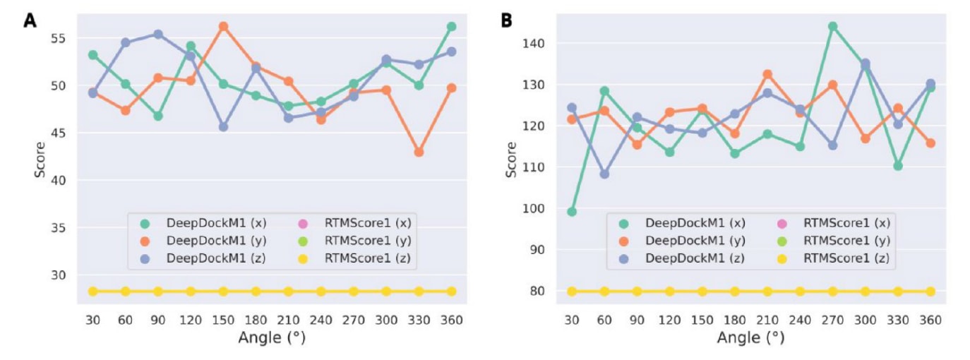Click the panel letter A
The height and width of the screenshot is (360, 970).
[x=30, y=20]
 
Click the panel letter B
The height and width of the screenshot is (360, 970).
[x=507, y=20]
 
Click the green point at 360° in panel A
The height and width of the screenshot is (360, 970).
[x=451, y=26]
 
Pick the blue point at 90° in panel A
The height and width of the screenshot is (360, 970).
[x=158, y=34]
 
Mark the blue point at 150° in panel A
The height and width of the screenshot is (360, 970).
[x=223, y=126]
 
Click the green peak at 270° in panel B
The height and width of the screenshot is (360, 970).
[x=832, y=26]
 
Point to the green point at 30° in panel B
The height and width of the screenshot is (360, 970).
[x=572, y=211]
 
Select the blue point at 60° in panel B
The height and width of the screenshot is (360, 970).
[x=604, y=174]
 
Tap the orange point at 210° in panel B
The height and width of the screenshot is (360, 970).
[x=767, y=74]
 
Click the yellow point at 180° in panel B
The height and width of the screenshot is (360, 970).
[x=735, y=292]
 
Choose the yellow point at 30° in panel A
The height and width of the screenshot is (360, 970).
[x=92, y=292]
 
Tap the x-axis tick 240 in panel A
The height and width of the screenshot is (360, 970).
[x=321, y=320]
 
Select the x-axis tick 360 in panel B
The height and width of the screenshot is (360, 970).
[x=930, y=320]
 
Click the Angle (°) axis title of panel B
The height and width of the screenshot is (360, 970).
[x=751, y=338]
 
